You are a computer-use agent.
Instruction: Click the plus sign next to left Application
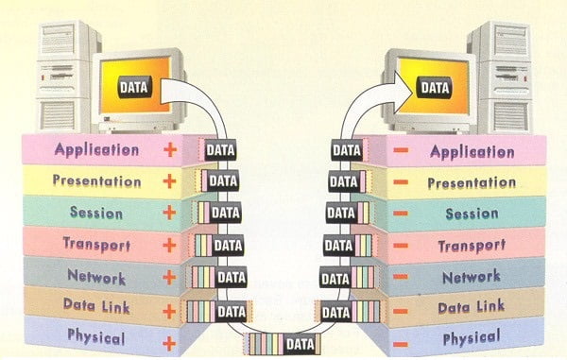[x=170, y=149]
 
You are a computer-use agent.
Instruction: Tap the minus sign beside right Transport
[x=401, y=246]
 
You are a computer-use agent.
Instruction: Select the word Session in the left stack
[x=96, y=213]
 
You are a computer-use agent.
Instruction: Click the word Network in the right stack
[x=472, y=277]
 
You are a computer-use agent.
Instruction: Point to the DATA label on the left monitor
[x=134, y=88]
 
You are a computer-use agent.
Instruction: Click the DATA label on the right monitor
[x=435, y=88]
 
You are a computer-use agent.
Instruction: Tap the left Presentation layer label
[x=96, y=181]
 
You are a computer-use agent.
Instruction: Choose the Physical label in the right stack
[x=472, y=338]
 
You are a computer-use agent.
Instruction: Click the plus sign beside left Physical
[x=169, y=343]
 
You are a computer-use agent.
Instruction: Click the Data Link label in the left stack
[x=96, y=306]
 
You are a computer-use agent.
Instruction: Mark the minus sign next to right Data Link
[x=401, y=311]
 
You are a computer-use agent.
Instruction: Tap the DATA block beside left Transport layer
[x=219, y=246]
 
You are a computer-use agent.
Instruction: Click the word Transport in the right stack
[x=472, y=247]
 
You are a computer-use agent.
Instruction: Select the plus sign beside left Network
[x=169, y=278]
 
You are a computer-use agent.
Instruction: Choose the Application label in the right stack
[x=472, y=152]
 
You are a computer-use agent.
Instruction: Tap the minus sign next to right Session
[x=401, y=214]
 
